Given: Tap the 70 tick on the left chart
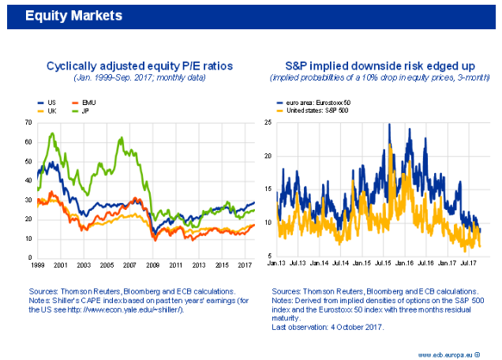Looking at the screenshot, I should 28,123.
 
